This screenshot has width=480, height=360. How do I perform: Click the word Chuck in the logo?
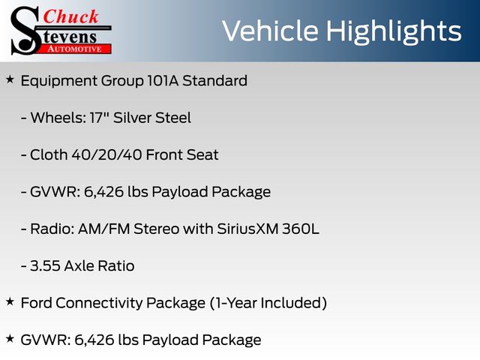[x=70, y=16]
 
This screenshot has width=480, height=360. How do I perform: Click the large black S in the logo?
[x=25, y=31]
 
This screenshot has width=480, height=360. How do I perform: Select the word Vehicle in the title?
[x=271, y=31]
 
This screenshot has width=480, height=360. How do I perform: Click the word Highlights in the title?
[x=393, y=31]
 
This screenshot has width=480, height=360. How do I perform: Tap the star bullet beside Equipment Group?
[x=10, y=79]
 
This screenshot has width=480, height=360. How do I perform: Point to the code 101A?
[x=163, y=81]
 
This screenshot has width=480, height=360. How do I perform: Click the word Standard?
[x=215, y=81]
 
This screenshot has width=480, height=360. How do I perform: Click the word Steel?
[x=173, y=118]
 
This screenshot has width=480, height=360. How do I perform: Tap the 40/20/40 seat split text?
[x=106, y=155]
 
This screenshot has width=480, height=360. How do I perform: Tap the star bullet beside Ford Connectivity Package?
[x=10, y=301]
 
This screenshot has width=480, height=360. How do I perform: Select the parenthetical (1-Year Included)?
[x=268, y=303]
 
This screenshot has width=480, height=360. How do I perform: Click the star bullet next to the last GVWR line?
[x=10, y=339]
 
